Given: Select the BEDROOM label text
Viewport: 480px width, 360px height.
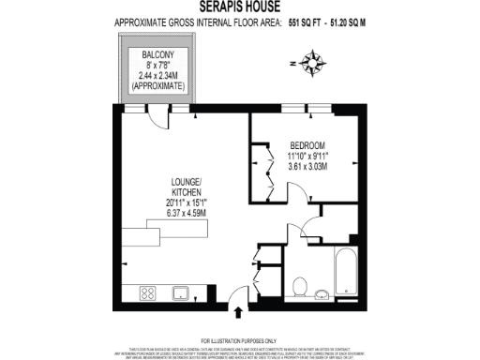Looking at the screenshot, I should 306,144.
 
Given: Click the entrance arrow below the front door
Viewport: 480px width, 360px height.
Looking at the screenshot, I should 238,313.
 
